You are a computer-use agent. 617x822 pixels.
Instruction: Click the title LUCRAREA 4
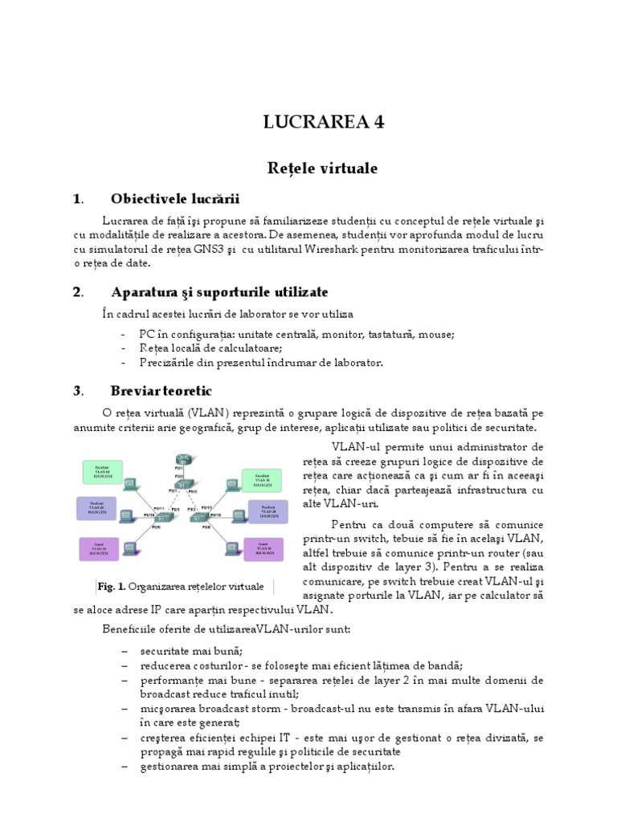pos(324,122)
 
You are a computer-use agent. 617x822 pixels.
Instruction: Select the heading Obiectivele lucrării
pos(175,199)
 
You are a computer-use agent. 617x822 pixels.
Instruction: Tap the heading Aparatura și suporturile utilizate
pos(219,291)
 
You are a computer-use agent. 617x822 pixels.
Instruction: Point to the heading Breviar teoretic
pos(161,391)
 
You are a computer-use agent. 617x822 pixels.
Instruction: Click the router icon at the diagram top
pos(181,458)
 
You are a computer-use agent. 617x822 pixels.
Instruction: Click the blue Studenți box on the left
pos(96,508)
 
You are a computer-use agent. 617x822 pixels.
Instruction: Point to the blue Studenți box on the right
pos(268,511)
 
